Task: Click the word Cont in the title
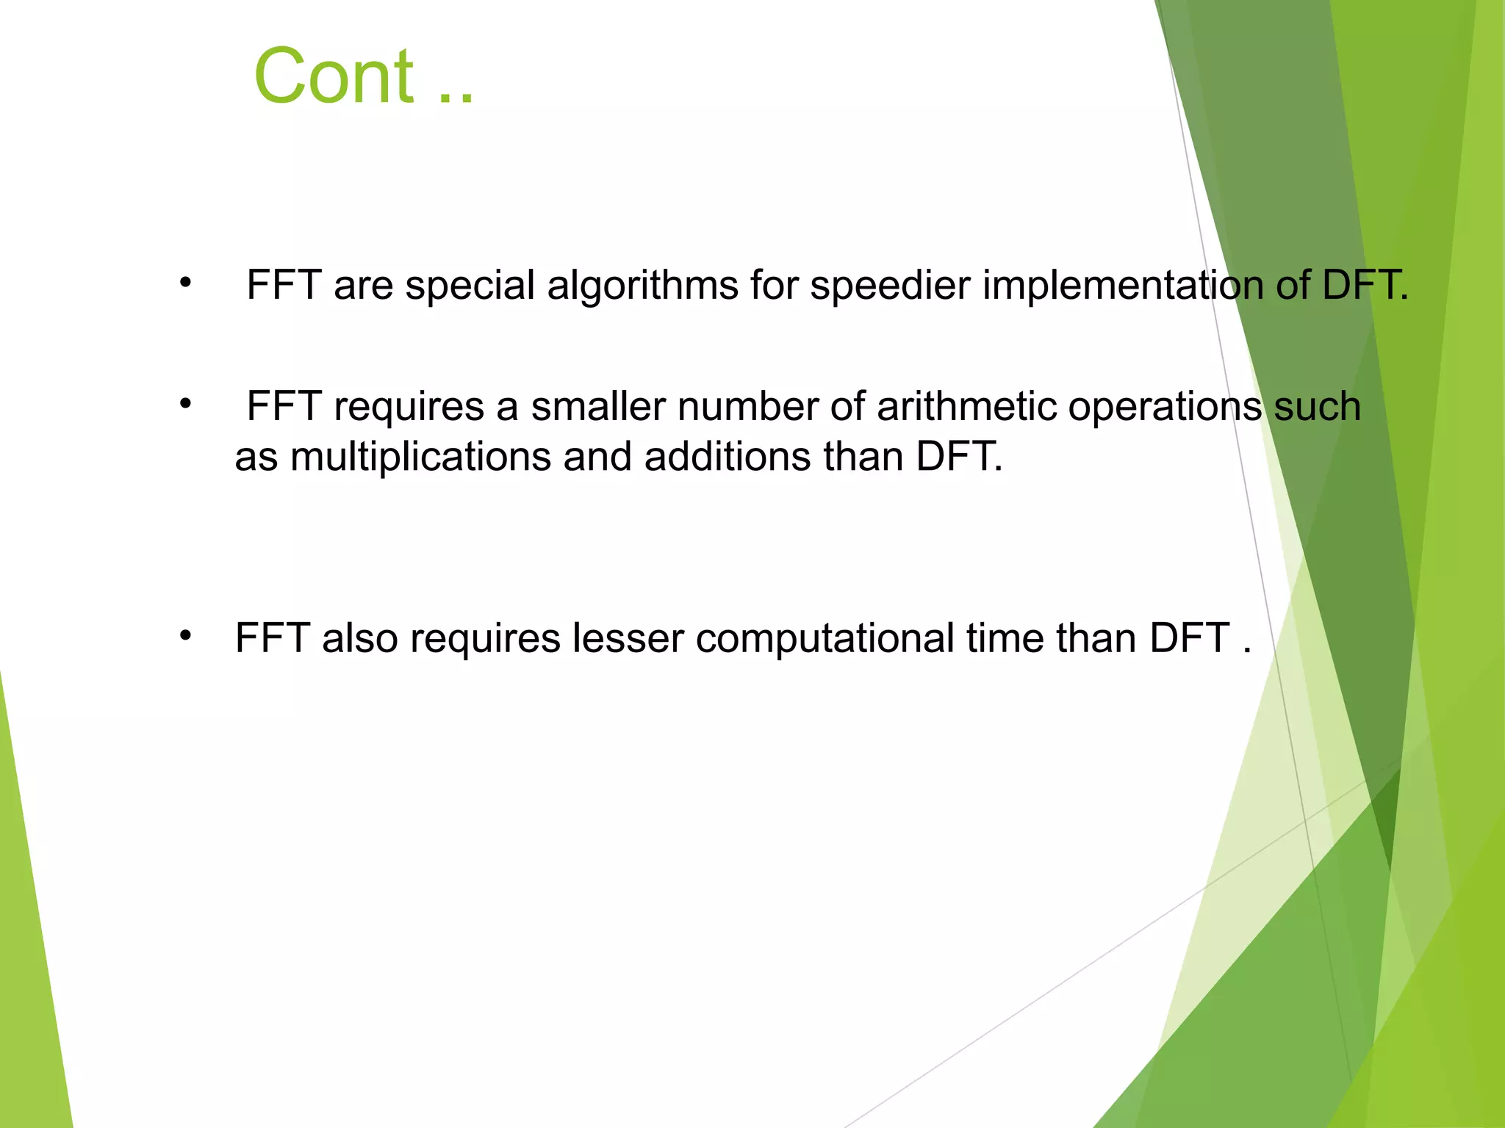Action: tap(334, 76)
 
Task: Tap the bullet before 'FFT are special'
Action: tap(186, 282)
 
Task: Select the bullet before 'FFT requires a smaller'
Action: tap(186, 403)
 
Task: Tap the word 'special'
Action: tap(470, 285)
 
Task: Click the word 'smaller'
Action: tap(598, 406)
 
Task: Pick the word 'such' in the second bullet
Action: tap(1317, 406)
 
